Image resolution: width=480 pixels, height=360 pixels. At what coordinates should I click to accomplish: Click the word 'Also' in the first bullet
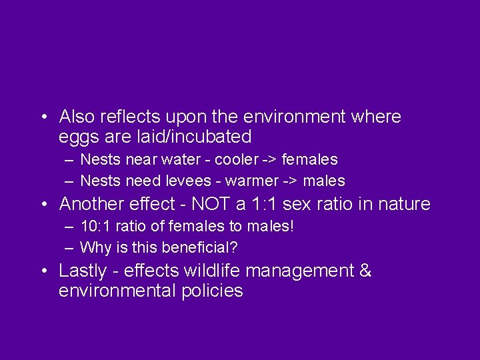(x=76, y=117)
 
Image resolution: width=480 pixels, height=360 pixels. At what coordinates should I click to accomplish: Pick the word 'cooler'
(x=236, y=160)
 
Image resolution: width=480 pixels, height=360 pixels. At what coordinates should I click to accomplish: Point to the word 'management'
(x=307, y=271)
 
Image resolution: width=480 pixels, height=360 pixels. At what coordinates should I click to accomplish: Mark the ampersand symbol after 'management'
(x=365, y=271)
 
